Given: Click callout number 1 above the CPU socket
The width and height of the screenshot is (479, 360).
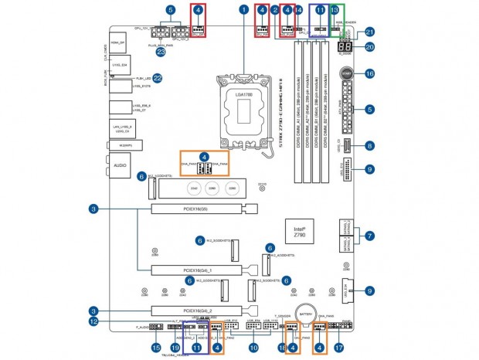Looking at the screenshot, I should click(x=244, y=10).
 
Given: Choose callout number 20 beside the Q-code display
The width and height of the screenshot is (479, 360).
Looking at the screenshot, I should click(x=369, y=46).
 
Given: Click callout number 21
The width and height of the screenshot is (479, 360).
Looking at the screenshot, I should click(x=369, y=32).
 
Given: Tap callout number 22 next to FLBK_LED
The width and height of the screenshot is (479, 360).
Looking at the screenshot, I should click(x=158, y=77).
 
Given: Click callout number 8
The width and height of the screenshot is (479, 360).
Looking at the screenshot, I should click(x=369, y=145).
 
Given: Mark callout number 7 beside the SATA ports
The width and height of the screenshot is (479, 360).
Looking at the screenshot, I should click(x=369, y=234).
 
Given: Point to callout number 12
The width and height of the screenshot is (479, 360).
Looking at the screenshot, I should click(x=93, y=320).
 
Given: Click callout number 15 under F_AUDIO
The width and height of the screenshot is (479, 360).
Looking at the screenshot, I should click(x=157, y=348).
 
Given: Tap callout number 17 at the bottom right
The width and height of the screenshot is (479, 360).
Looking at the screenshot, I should click(x=338, y=348).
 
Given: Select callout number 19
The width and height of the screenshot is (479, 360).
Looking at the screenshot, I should click(x=175, y=348).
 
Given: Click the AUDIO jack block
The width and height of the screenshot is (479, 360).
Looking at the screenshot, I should click(x=120, y=165).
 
